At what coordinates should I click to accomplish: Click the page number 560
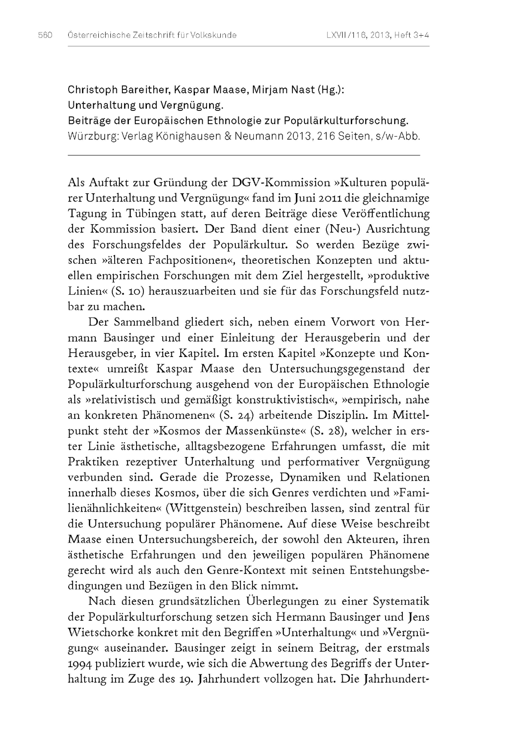(45, 35)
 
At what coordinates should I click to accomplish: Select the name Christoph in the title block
(93, 90)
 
